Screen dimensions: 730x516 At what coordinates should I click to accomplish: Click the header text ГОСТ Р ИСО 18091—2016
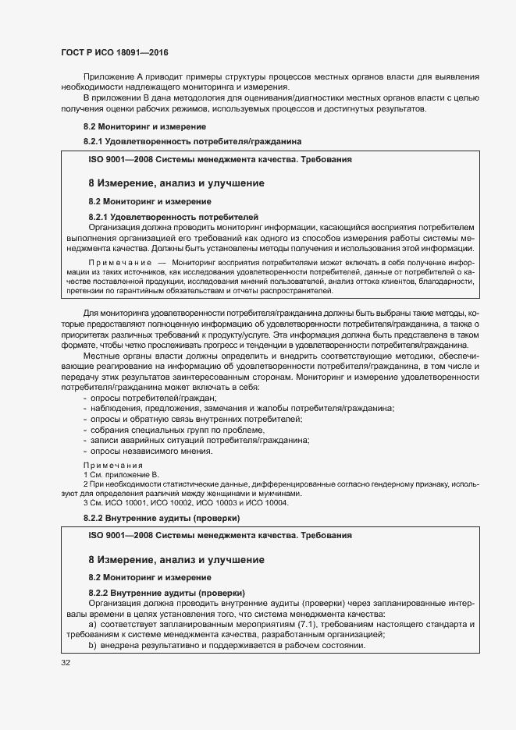tap(114, 53)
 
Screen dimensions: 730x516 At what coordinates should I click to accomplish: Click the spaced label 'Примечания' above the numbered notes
tap(113, 466)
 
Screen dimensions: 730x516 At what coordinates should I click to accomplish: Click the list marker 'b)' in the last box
tap(92, 646)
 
